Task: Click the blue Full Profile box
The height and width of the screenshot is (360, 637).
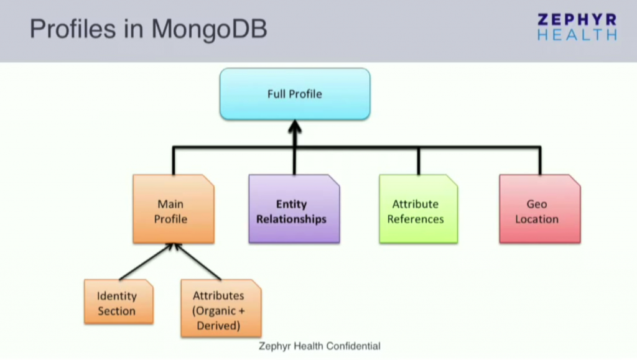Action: click(x=295, y=94)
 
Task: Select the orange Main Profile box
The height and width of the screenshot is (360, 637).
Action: click(x=173, y=211)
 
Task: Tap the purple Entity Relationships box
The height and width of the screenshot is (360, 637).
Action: click(x=294, y=211)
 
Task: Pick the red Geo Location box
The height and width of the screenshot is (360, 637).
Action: click(x=539, y=211)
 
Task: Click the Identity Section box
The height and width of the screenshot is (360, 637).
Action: click(x=118, y=303)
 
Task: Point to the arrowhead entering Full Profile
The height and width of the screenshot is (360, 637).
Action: click(x=295, y=127)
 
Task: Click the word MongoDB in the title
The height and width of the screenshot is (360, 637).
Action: click(x=210, y=30)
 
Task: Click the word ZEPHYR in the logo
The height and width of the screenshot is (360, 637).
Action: click(x=577, y=19)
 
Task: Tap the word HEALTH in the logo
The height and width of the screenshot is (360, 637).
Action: click(x=577, y=35)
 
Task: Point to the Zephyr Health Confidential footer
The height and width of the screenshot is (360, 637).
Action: click(x=319, y=346)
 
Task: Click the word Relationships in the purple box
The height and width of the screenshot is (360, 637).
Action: click(x=291, y=219)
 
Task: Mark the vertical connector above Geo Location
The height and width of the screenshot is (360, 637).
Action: click(x=539, y=161)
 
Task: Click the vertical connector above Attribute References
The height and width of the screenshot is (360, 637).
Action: click(x=418, y=161)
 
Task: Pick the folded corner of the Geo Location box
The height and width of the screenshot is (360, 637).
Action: click(x=575, y=180)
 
